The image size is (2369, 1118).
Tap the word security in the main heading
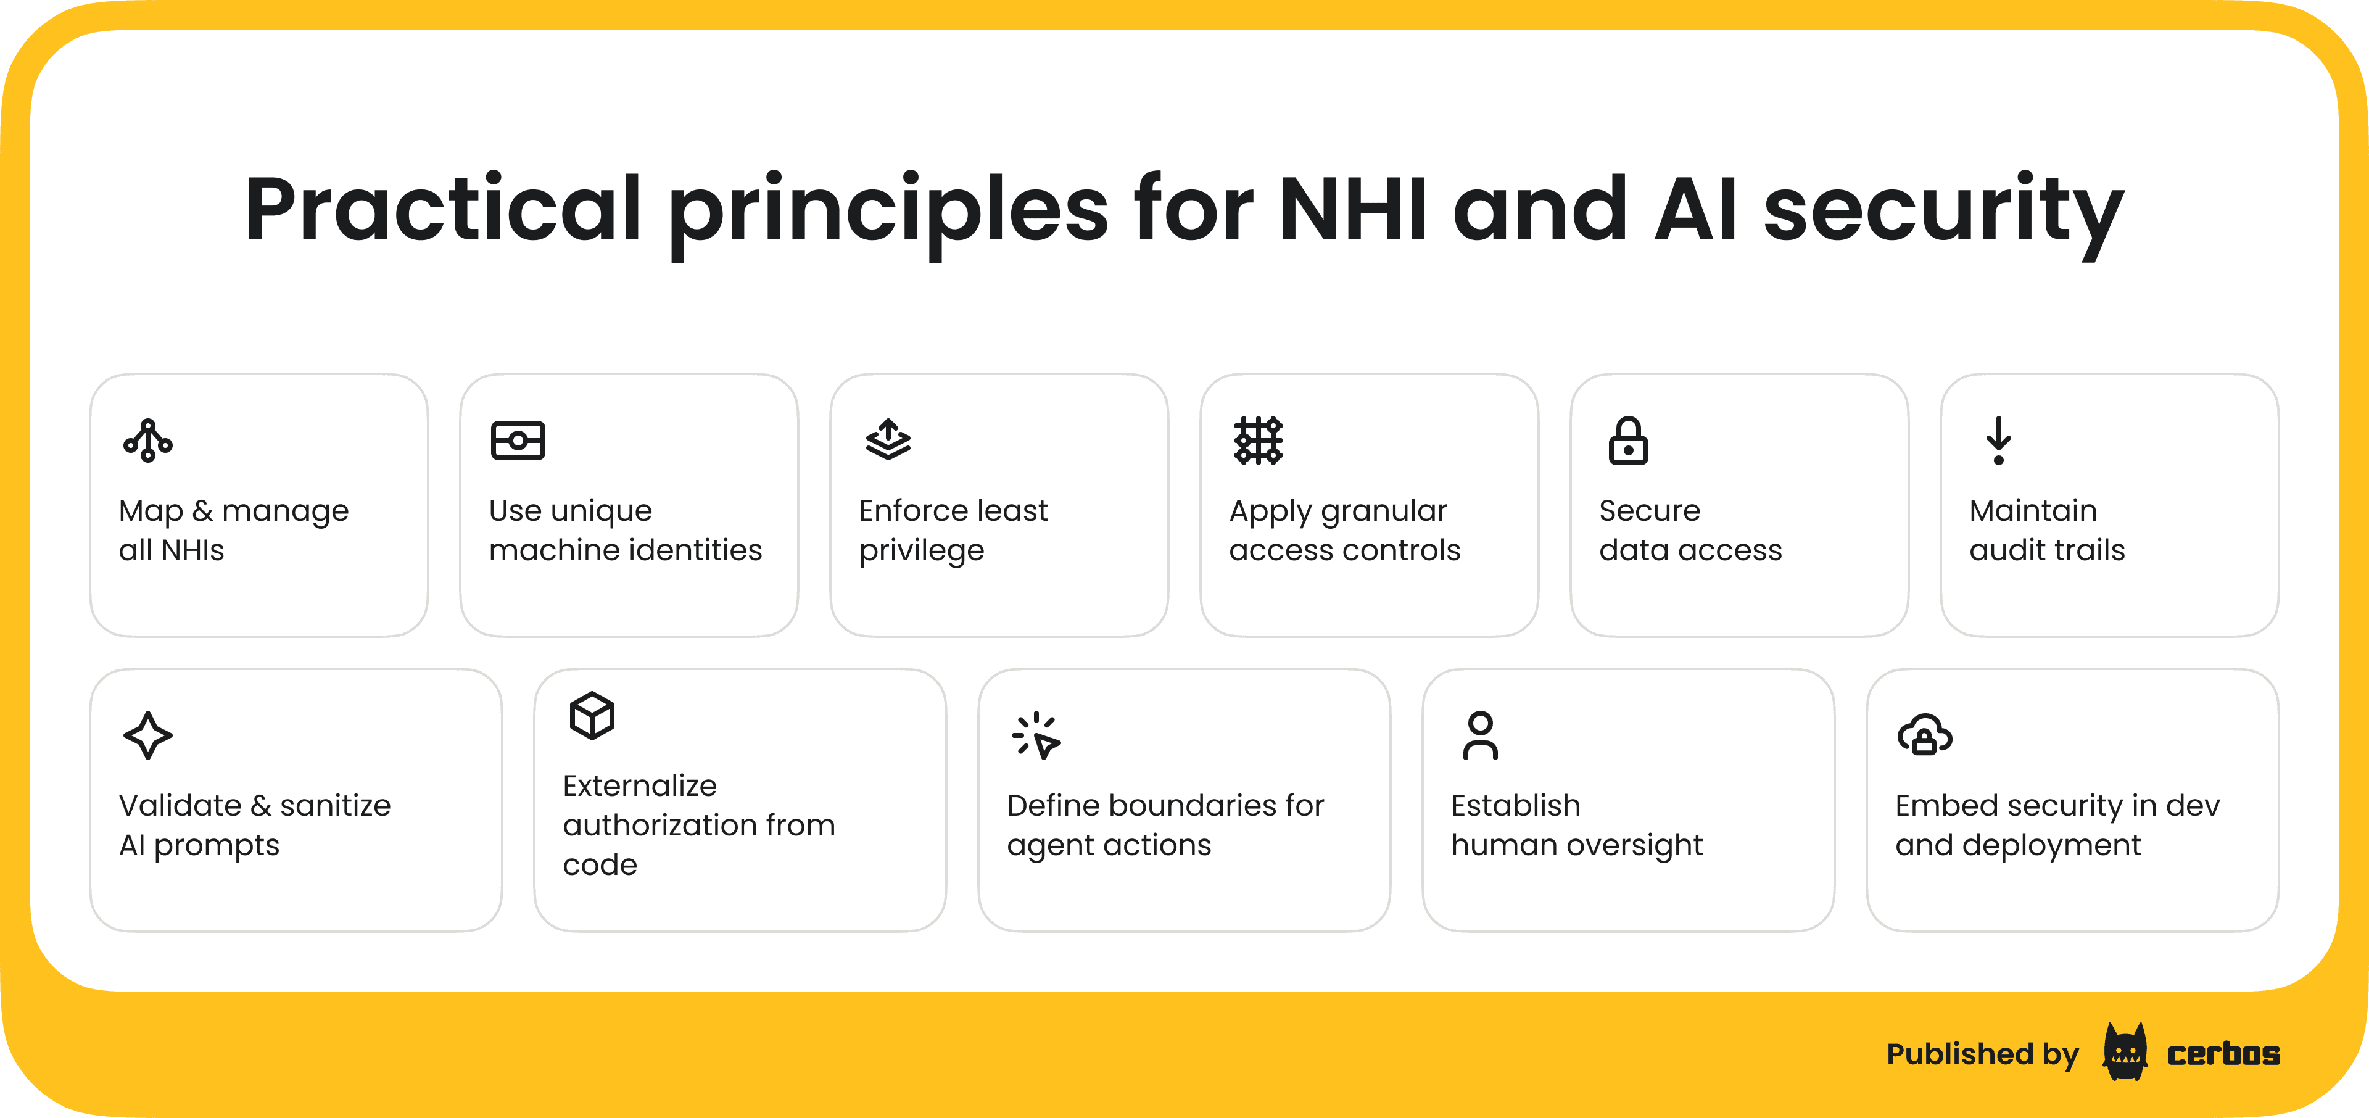click(1944, 213)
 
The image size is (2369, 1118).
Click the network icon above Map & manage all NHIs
click(148, 441)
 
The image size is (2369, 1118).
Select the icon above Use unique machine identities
click(518, 441)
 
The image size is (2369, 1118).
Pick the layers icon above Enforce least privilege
click(888, 439)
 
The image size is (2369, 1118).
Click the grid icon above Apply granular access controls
click(1258, 441)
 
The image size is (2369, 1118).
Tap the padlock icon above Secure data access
click(1628, 441)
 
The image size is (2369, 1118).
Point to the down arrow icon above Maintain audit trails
click(1998, 441)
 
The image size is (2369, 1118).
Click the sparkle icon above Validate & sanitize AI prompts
click(147, 735)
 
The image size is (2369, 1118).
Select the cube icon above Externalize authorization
click(592, 715)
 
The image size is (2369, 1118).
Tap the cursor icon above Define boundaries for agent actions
click(1036, 735)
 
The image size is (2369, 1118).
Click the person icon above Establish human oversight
click(1481, 735)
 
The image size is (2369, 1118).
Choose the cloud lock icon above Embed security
click(1925, 735)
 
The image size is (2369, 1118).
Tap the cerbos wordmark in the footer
click(2223, 1054)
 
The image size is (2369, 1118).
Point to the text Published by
click(1983, 1054)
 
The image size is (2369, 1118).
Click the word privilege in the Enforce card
click(922, 552)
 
